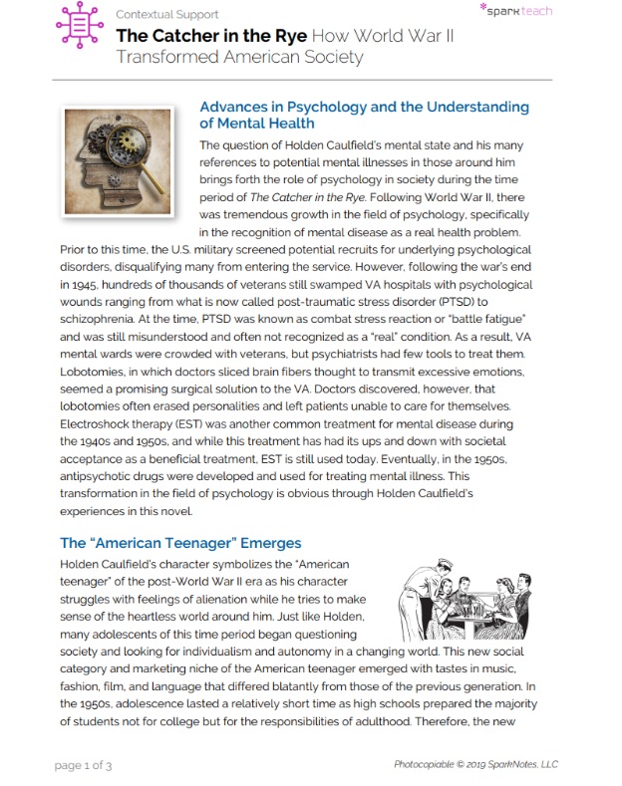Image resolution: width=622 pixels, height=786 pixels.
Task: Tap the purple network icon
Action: [80, 26]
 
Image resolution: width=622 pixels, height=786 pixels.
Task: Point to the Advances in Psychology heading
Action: [364, 115]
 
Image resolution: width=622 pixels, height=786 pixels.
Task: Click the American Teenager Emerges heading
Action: [180, 543]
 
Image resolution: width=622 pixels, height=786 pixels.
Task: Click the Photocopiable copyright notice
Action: [474, 764]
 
